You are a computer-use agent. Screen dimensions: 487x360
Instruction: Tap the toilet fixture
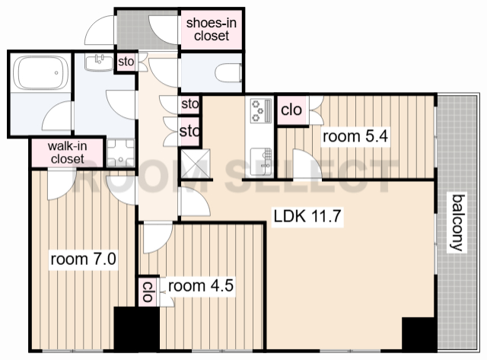[228, 73]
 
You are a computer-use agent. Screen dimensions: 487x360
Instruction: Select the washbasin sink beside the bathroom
[100, 62]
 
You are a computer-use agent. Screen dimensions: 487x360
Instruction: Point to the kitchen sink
[262, 161]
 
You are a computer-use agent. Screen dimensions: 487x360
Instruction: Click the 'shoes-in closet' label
[212, 29]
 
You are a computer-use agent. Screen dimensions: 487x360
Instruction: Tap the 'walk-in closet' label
[68, 152]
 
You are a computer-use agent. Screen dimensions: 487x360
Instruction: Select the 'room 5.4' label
[355, 136]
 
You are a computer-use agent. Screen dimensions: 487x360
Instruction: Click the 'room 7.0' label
[83, 259]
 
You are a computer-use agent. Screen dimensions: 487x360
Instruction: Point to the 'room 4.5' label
[201, 285]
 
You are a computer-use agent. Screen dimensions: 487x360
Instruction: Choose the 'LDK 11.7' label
[307, 216]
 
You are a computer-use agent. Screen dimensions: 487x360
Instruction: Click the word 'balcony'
[458, 222]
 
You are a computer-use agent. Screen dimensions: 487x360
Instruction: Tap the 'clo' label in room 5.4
[291, 110]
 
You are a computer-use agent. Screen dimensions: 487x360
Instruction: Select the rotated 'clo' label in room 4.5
[148, 292]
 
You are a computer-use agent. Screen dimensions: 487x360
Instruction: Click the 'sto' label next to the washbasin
[126, 62]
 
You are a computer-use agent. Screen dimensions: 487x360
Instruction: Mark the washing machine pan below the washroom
[121, 153]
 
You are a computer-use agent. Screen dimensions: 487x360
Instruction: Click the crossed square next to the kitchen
[196, 164]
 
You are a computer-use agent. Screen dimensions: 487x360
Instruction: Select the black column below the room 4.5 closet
[137, 330]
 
